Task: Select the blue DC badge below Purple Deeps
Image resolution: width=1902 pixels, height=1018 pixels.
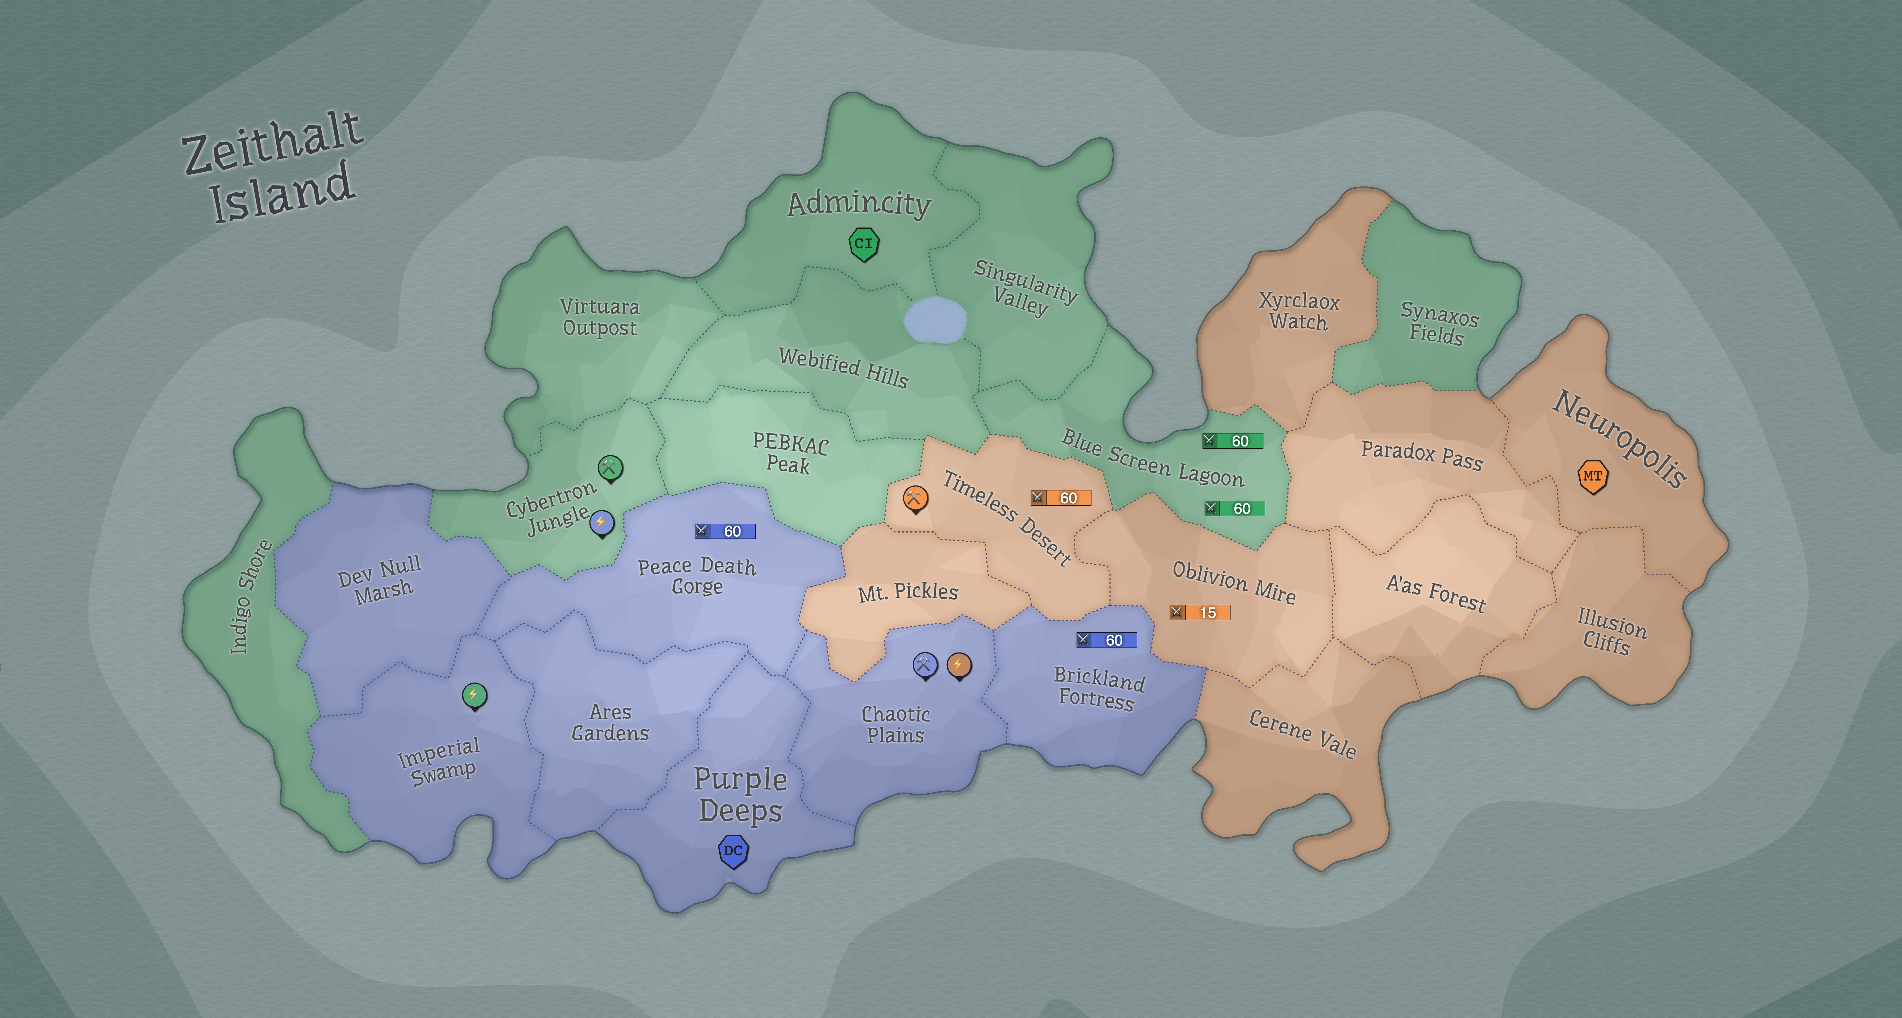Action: coord(733,851)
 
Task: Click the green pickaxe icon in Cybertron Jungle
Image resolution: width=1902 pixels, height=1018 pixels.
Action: coord(610,467)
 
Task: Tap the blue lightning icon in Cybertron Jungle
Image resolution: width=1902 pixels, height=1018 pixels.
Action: coord(601,523)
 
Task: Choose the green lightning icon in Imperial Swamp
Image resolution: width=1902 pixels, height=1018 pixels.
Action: coord(474,695)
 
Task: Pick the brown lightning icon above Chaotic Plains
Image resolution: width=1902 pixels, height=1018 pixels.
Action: coord(958,665)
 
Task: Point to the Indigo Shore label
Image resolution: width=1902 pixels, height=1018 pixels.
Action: coord(249,597)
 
